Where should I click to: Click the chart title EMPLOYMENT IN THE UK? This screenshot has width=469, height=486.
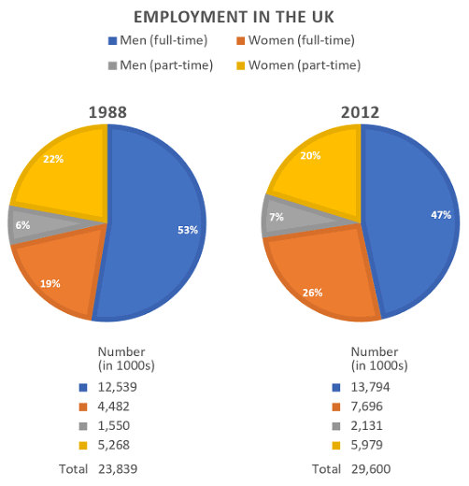[x=234, y=17]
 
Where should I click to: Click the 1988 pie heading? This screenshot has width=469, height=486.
[x=107, y=112]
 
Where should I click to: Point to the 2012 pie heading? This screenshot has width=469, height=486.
[x=360, y=112]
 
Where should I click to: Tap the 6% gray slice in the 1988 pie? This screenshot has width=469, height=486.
[x=23, y=225]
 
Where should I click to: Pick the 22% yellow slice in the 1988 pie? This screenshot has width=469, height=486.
[x=61, y=168]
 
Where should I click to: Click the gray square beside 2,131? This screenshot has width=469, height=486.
[x=335, y=426]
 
